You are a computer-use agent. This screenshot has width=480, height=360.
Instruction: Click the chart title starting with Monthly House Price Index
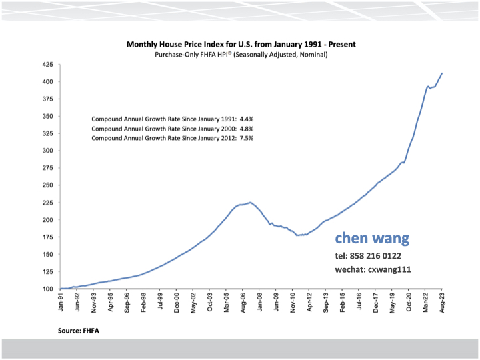(x=241, y=45)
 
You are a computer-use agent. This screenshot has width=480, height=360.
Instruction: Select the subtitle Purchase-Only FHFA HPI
(x=241, y=55)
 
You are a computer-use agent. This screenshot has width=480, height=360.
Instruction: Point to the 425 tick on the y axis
(x=47, y=65)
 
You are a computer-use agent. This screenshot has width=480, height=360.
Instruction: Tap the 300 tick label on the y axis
(x=47, y=151)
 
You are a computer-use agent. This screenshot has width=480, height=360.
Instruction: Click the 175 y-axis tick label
(x=47, y=237)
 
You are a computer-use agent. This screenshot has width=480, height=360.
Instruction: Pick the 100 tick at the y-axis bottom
(x=47, y=289)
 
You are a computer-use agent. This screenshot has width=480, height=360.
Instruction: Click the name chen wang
(x=372, y=239)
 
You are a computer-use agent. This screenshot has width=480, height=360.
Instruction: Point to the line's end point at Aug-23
(x=442, y=73)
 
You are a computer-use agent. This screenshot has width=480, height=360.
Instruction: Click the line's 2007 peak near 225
(x=250, y=203)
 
